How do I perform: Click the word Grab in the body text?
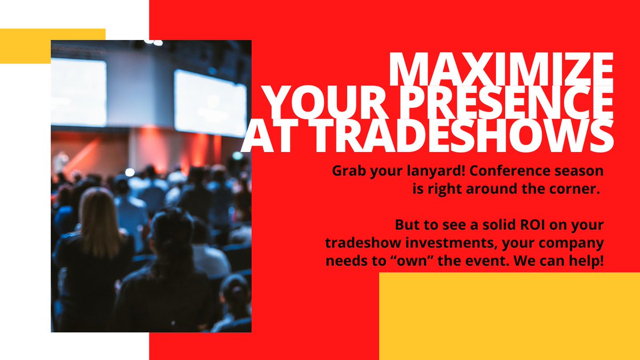pos(349,172)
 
